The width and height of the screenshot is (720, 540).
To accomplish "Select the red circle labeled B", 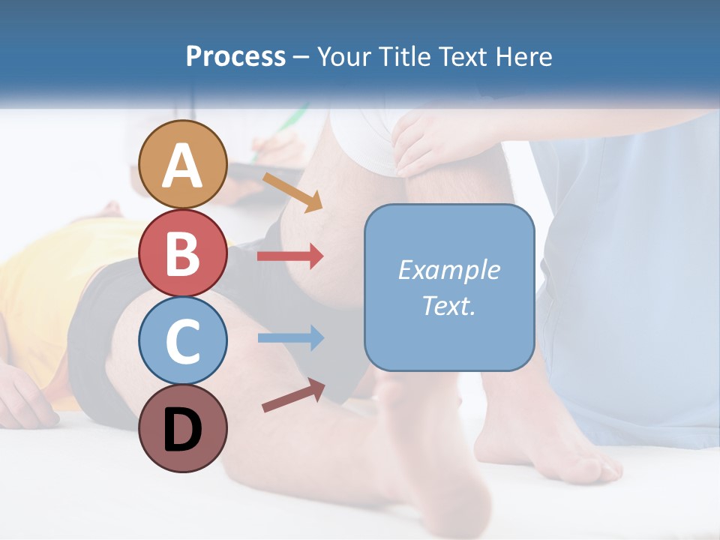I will coord(183,253).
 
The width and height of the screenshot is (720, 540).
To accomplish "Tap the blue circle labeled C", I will coord(183,340).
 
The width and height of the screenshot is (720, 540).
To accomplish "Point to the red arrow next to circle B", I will coord(290,256).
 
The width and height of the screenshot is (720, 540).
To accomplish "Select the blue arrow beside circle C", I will coord(290,337).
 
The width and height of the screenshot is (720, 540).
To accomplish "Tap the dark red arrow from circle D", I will coord(293,396).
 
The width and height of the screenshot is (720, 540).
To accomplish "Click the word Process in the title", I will coord(235,56).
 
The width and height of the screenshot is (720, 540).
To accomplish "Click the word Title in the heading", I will coord(406,56).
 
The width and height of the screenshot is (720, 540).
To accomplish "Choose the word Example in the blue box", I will coord(448,270).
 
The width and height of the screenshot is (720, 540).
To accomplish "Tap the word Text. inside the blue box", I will coord(448,306).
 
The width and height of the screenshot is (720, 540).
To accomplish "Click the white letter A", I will coord(183,165).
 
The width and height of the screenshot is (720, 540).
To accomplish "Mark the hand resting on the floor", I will coord(26,397).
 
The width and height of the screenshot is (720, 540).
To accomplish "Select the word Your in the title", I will coord(345,56).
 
